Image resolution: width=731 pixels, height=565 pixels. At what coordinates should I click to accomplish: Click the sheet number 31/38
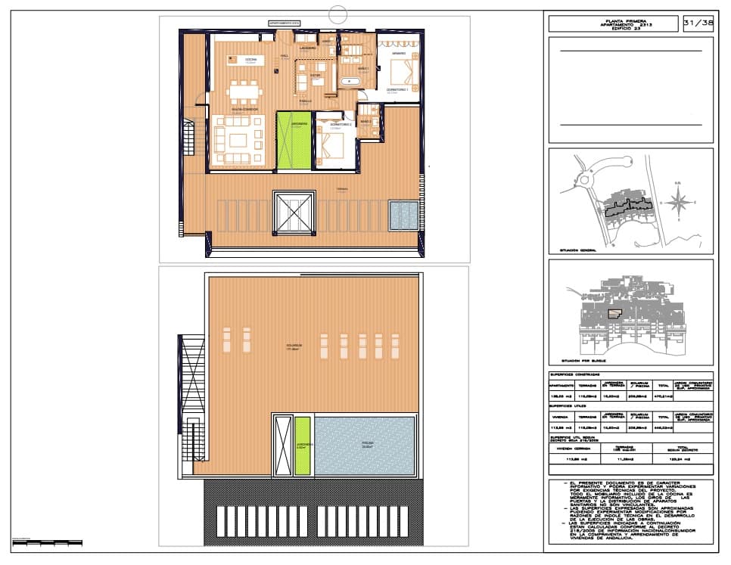click(697, 23)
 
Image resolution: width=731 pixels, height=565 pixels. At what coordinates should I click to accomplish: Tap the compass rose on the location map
click(679, 202)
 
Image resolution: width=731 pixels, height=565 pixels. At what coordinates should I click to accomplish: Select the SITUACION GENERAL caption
click(578, 249)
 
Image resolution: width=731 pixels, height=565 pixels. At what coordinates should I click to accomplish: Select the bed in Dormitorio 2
click(334, 143)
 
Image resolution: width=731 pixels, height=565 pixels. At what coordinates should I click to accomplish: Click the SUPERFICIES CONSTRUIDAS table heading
click(575, 374)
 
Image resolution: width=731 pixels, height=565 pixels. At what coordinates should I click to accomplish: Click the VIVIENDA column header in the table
click(561, 415)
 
